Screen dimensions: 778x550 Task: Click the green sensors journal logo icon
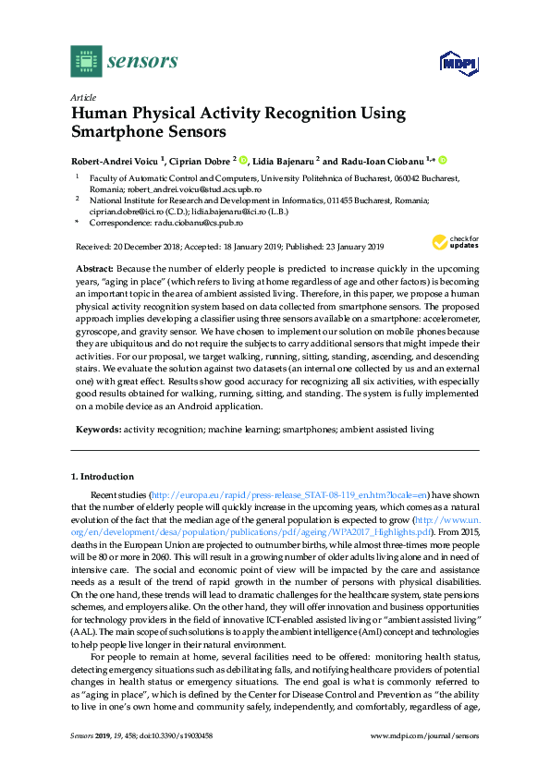(x=86, y=61)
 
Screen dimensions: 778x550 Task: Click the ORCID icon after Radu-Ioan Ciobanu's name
(x=443, y=160)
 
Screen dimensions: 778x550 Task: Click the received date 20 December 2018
(x=143, y=247)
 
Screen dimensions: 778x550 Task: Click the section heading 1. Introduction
(x=103, y=477)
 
